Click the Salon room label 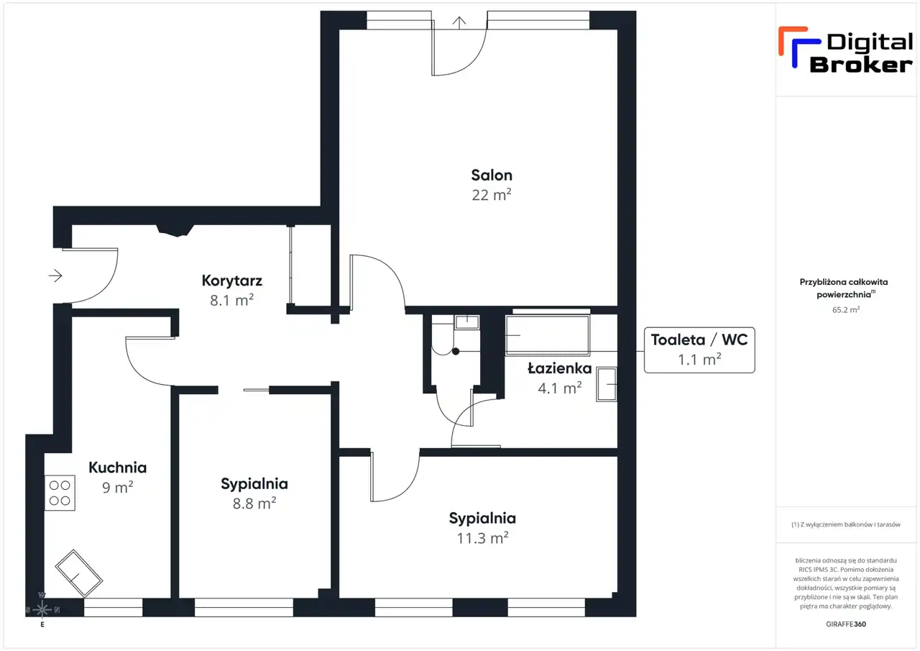(x=492, y=176)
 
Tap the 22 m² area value (x=492, y=195)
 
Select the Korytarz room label (x=231, y=281)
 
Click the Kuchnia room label (x=117, y=468)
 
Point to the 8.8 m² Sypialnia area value (x=254, y=504)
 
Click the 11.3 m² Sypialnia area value (x=482, y=538)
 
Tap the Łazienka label (x=560, y=368)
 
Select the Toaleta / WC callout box (x=699, y=350)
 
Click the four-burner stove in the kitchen (x=60, y=493)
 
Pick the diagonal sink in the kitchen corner (x=78, y=573)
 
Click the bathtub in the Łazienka (x=548, y=335)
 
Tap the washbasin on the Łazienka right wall (x=607, y=384)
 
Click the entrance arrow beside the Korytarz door (x=55, y=276)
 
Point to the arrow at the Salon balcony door (x=459, y=22)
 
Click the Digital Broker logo (x=845, y=50)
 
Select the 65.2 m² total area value (x=846, y=310)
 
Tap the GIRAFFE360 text (x=846, y=624)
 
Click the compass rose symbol (x=42, y=609)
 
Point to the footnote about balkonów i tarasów (x=846, y=524)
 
